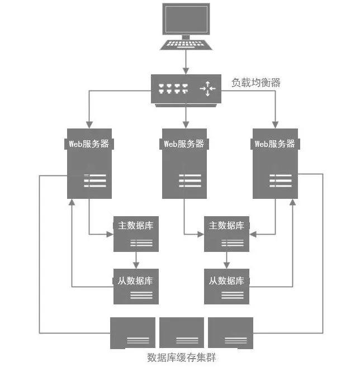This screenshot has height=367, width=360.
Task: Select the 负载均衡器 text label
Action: click(255, 83)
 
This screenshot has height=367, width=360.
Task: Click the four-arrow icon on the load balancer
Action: click(207, 88)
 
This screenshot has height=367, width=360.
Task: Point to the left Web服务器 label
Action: click(89, 144)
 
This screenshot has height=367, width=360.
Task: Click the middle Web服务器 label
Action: click(184, 144)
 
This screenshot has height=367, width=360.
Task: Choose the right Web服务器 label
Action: click(274, 144)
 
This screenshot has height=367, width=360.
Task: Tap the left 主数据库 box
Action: click(136, 233)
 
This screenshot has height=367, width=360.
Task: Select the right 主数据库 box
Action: click(226, 233)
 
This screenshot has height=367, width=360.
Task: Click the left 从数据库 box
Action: click(136, 286)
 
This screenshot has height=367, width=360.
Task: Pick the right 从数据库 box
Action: click(226, 286)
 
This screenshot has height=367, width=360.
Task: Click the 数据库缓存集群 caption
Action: click(181, 357)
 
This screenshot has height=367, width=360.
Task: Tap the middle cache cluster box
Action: click(181, 332)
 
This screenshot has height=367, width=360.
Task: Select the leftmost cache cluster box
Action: click(132, 332)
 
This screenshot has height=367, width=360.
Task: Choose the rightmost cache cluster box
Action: click(230, 332)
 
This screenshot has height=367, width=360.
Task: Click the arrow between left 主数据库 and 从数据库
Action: click(136, 260)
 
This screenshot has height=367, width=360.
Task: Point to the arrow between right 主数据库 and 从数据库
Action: click(226, 260)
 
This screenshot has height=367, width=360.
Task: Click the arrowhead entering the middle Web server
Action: click(185, 125)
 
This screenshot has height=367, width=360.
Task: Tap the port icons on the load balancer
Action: click(172, 88)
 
